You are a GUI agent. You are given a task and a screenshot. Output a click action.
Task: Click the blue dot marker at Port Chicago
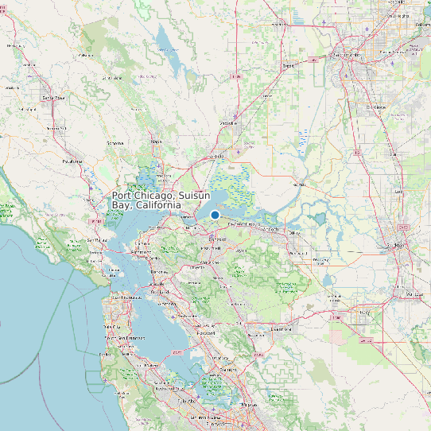tap(215, 215)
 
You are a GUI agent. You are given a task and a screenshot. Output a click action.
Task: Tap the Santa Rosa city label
tap(53, 98)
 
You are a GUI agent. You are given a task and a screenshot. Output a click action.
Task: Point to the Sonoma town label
tap(115, 142)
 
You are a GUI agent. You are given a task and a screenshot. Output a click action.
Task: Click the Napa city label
tap(156, 142)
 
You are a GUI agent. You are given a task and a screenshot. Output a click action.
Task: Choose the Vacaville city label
tap(229, 123)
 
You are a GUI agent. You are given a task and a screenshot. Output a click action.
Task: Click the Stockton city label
tap(395, 246)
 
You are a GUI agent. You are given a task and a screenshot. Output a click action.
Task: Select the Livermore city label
tap(284, 328)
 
